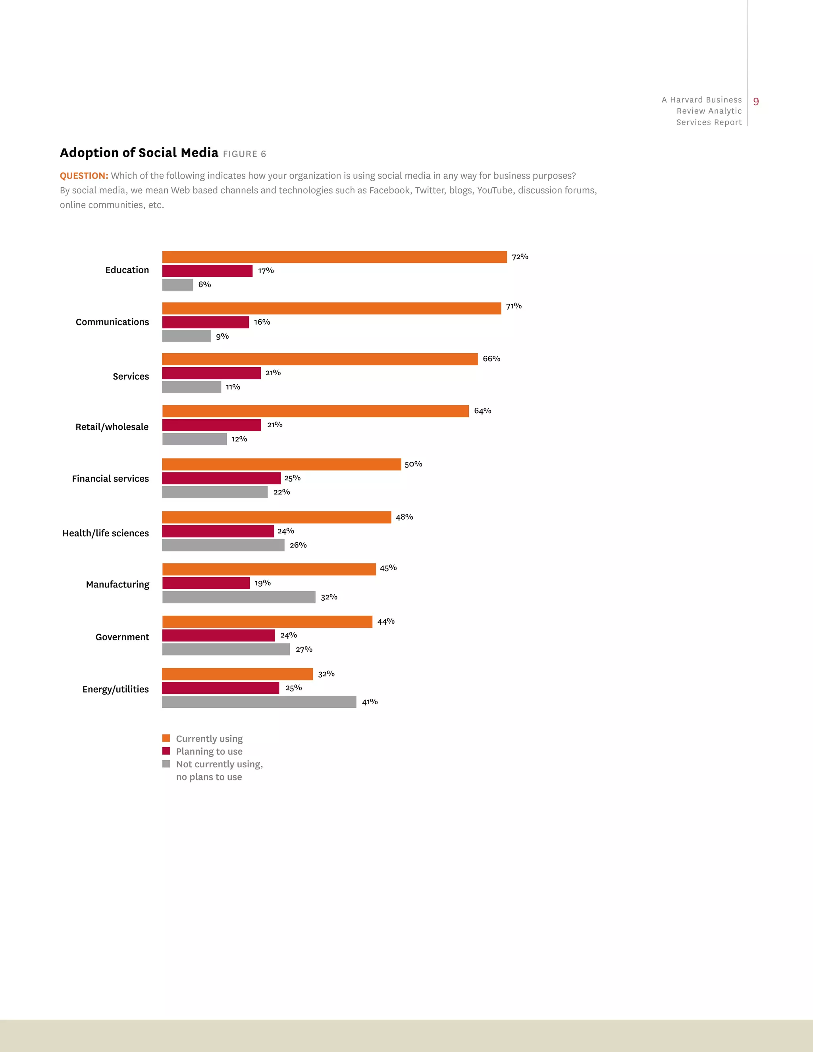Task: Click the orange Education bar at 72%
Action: (334, 257)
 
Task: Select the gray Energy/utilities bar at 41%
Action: (259, 702)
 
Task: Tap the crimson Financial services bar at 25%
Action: (221, 478)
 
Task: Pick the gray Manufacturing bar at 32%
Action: (239, 597)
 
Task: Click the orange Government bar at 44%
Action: (267, 621)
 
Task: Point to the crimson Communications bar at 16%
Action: (206, 322)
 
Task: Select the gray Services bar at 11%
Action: (192, 387)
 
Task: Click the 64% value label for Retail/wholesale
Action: (483, 410)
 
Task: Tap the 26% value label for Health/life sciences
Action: (298, 545)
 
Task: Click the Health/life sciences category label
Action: (106, 533)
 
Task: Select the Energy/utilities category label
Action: (116, 689)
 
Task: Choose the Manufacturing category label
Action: (118, 584)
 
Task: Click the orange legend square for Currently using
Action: (166, 738)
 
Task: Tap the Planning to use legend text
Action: (209, 751)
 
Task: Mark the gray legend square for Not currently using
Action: (166, 763)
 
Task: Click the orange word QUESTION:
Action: (84, 175)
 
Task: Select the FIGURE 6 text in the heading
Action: (244, 154)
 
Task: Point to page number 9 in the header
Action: (756, 102)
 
